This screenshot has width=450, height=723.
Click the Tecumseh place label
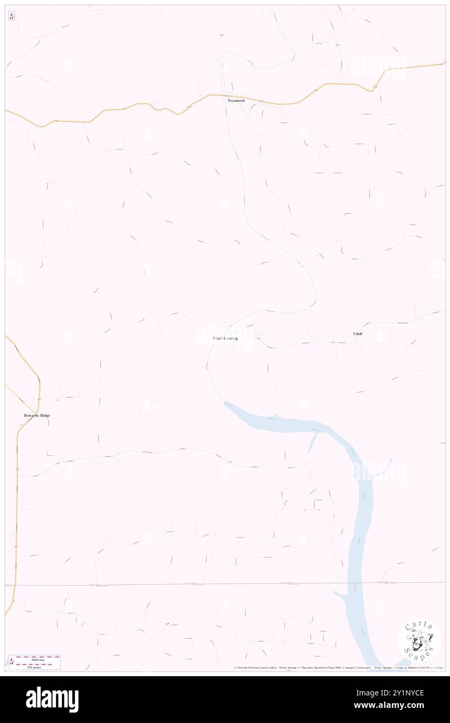point(236,100)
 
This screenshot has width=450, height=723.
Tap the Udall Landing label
point(225,338)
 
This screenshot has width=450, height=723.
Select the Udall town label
point(358,333)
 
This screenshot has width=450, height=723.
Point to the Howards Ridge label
point(37,416)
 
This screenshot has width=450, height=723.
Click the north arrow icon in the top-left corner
point(11,16)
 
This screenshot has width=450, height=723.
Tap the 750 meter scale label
point(37,667)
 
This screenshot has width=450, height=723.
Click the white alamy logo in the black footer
point(52,700)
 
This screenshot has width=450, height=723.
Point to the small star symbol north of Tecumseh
point(221,35)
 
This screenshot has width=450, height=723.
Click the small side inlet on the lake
point(312,443)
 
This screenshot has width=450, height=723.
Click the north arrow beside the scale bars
point(11,662)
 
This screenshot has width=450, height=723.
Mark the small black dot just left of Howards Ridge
point(21,424)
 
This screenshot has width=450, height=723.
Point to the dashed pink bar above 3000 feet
point(37,657)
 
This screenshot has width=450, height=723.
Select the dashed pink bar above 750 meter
point(37,664)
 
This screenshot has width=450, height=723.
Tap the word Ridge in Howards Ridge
point(45,416)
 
